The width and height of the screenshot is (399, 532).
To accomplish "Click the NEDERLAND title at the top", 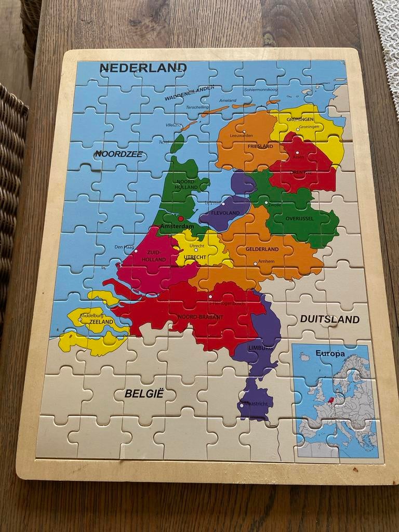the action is coord(143,68).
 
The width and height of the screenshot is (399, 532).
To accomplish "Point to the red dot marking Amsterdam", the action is coord(181,219).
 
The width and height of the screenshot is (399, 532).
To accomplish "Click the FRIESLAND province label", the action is coord(260,147).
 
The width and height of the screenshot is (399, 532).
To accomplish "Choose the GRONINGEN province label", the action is coord(300,119).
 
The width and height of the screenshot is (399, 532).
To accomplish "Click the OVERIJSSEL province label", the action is coord(299,219).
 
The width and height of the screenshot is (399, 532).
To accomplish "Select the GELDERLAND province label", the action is coord(262,249).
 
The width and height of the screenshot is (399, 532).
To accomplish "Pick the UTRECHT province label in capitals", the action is coord(195,257).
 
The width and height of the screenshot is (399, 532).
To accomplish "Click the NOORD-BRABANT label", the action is coord(200,316).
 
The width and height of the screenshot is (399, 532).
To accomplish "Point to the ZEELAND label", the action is coord(101,322).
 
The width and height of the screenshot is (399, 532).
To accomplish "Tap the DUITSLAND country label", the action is coord(329,319).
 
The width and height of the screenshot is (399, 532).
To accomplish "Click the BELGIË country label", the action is coord(144,394).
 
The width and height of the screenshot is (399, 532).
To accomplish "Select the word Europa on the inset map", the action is coord(330,354).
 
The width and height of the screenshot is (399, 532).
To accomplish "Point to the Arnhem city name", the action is coord(266,261).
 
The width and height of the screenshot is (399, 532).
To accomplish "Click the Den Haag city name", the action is coord(124,247).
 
